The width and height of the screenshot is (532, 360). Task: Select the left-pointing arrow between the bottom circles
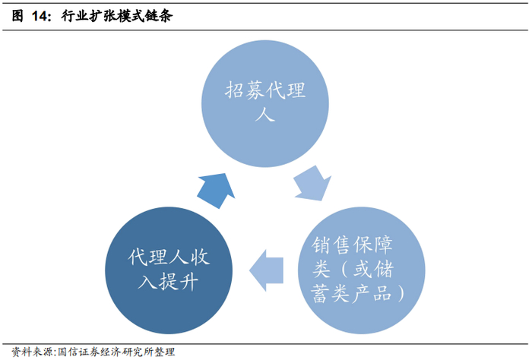(267, 270)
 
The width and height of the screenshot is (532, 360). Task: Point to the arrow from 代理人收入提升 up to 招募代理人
(216, 188)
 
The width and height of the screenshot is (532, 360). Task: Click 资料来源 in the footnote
(31, 352)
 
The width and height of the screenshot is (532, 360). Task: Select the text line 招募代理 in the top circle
(265, 91)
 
